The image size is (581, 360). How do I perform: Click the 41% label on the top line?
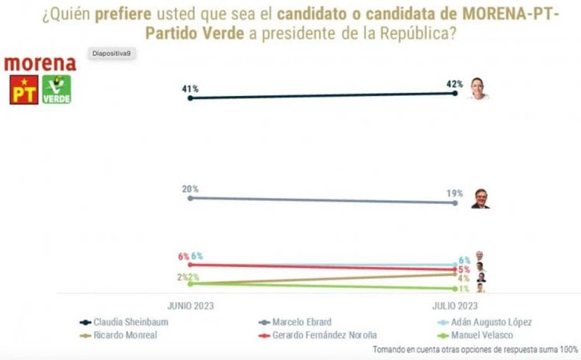tap(190, 89)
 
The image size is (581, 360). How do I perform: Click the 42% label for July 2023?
tap(455, 84)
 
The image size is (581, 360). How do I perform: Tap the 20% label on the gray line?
tap(190, 189)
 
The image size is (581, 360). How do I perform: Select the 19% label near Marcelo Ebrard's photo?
tap(455, 194)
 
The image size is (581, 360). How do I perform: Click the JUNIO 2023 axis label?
tap(190, 306)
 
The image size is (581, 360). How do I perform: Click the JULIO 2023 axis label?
tap(455, 306)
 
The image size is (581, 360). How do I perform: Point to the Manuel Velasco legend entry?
tap(483, 335)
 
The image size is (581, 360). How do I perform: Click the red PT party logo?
tap(24, 89)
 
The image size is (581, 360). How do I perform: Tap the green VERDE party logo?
tap(57, 89)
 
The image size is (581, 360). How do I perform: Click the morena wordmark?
tap(40, 63)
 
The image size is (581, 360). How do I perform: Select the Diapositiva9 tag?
tap(110, 54)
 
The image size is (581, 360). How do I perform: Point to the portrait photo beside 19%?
tap(479, 198)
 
